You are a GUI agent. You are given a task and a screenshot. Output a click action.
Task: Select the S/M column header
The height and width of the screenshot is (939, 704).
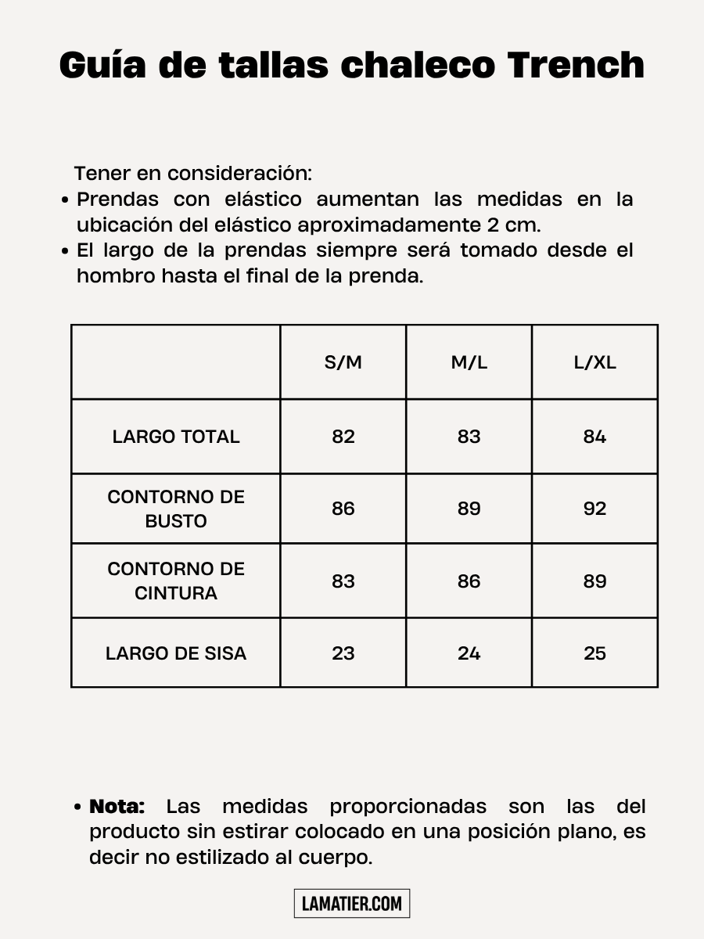pos(343,362)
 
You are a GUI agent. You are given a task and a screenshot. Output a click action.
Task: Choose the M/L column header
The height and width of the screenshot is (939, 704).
pos(469,362)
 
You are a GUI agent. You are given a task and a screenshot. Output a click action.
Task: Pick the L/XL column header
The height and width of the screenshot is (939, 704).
pos(594,362)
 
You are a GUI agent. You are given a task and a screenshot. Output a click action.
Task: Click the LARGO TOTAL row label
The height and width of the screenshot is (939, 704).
pos(176,437)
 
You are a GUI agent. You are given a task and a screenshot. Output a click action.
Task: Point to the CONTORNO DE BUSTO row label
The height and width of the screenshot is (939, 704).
pos(176,509)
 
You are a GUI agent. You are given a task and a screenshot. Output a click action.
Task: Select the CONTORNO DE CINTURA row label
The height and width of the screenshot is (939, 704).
pos(176,581)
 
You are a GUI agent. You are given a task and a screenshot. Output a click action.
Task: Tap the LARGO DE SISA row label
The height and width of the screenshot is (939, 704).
pos(176,653)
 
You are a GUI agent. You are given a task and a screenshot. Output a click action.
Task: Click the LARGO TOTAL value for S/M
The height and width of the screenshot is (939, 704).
pos(343,437)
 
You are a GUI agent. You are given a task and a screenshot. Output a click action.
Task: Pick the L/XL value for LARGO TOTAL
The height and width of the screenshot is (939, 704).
pos(594,437)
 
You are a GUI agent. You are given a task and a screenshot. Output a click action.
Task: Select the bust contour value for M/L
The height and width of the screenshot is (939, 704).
pos(469,509)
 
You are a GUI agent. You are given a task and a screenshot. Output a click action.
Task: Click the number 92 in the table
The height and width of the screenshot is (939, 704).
pos(594,509)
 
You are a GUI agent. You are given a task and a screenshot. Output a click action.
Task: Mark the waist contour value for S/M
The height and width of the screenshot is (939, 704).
pos(343,581)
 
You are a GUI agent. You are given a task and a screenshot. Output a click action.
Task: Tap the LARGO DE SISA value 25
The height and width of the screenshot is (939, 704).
pos(594,653)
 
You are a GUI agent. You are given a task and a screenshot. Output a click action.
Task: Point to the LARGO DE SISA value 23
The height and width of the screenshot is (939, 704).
pos(343,653)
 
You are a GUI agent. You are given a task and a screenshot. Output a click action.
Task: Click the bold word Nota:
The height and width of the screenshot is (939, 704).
pos(117,807)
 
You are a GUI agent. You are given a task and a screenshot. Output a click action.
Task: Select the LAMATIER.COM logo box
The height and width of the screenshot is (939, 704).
pos(352,904)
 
